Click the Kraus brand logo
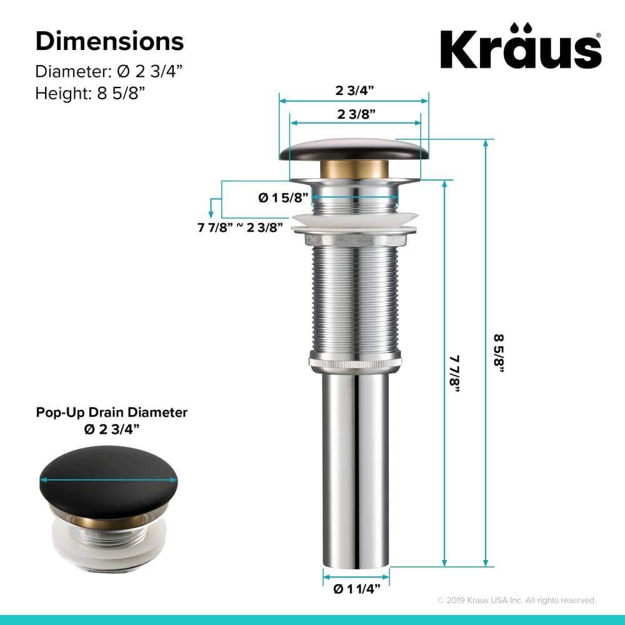point(521,46)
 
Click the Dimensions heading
point(109,41)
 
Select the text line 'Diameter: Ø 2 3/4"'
point(105,70)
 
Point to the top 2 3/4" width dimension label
point(354,90)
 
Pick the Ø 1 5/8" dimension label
point(284,198)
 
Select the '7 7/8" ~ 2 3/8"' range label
point(241,227)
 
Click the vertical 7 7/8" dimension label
point(454,374)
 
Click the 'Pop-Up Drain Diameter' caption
point(112,412)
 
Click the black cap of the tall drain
point(354,149)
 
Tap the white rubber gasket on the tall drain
point(354,219)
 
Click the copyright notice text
point(516,600)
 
